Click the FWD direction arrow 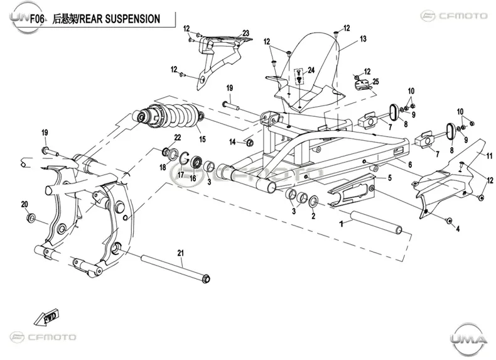[46, 317]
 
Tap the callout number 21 [181, 253]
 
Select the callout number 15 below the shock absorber [202, 139]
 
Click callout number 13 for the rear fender [363, 38]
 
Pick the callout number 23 [245, 33]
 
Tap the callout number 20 [24, 205]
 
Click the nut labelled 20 [31, 218]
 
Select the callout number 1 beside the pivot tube [341, 224]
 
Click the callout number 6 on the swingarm [410, 165]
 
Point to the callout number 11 [489, 156]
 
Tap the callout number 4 [458, 229]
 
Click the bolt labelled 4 [448, 220]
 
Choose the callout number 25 [375, 82]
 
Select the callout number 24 [311, 70]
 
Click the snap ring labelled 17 [184, 158]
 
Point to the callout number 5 [390, 178]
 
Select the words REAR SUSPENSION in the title [119, 19]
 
